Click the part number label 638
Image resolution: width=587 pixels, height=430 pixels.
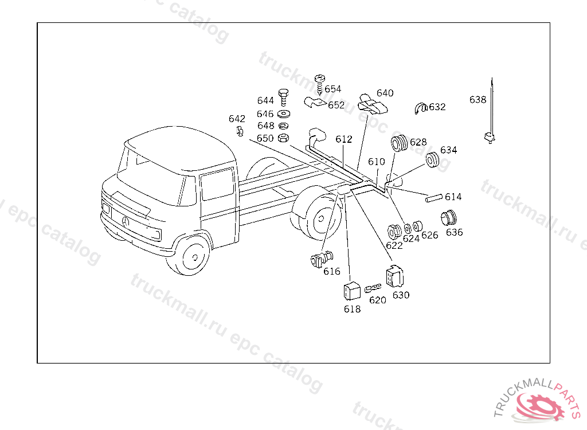478,100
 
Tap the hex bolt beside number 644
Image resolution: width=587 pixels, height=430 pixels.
284,97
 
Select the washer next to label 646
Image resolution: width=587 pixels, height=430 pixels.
284,114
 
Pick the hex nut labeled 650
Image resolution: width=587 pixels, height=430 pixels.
283,138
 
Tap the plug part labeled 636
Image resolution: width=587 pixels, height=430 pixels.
448,218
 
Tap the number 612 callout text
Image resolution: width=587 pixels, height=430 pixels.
344,139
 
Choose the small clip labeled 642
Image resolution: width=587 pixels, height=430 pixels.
240,132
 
